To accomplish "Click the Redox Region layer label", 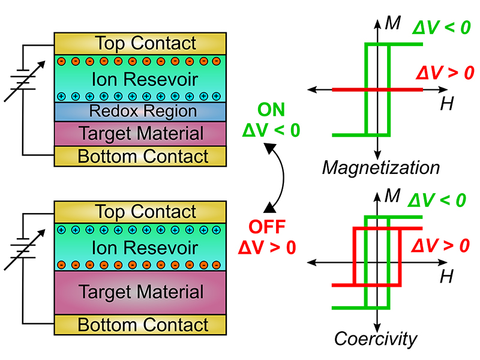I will point(142,111).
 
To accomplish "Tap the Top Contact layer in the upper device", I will point(146,43).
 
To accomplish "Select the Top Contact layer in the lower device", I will point(146,212).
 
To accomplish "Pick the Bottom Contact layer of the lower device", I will point(143,325).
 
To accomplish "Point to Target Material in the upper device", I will point(142,133).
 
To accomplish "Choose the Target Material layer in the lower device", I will point(142,292).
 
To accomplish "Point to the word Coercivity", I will point(376,339).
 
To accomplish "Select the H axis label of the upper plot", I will point(446,104).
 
